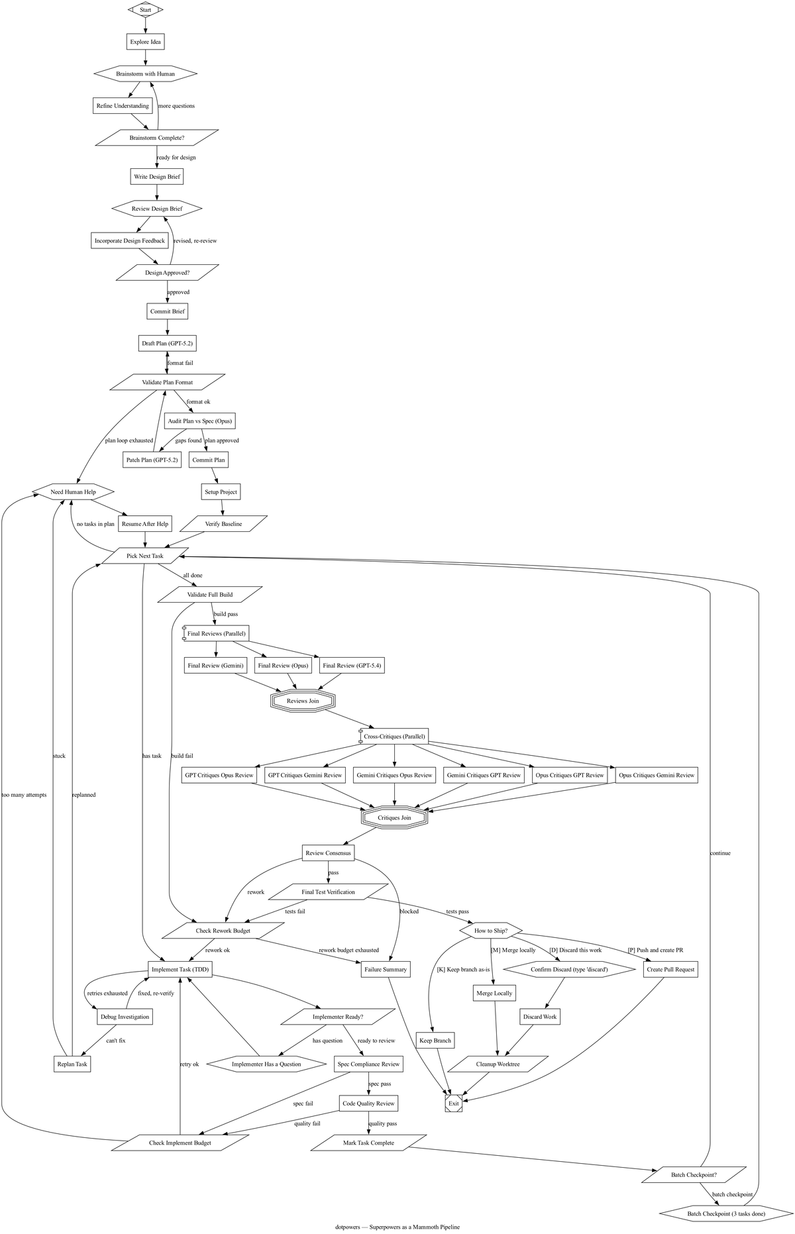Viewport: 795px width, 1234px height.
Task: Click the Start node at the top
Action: tap(145, 10)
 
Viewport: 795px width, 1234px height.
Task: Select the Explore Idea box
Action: tap(145, 42)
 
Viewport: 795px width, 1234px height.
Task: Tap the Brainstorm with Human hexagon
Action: tap(145, 74)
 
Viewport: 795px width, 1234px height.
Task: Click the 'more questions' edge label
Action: tap(176, 106)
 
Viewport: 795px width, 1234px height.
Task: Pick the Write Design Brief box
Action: tap(156, 176)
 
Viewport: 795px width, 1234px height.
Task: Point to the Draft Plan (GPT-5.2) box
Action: tap(167, 344)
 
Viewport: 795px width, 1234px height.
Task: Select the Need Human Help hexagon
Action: tap(73, 491)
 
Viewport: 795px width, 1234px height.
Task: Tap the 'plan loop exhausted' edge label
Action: tap(129, 440)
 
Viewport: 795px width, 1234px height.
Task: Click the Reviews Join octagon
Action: tap(303, 701)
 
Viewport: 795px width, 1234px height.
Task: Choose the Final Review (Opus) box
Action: tap(283, 665)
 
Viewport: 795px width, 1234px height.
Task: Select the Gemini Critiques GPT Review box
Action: tap(484, 775)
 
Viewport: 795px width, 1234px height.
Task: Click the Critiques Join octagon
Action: tap(394, 817)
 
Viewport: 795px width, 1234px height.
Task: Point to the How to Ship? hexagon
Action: tap(491, 931)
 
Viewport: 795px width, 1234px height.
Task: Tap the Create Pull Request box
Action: tap(670, 969)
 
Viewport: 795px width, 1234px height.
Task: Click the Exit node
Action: tap(453, 1104)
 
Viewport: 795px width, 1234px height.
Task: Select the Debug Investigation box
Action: tap(125, 1017)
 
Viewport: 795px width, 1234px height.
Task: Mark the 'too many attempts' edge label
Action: tap(24, 795)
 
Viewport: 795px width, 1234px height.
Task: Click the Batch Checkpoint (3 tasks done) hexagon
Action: tap(726, 1214)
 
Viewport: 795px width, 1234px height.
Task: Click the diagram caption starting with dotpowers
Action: tap(397, 1227)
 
